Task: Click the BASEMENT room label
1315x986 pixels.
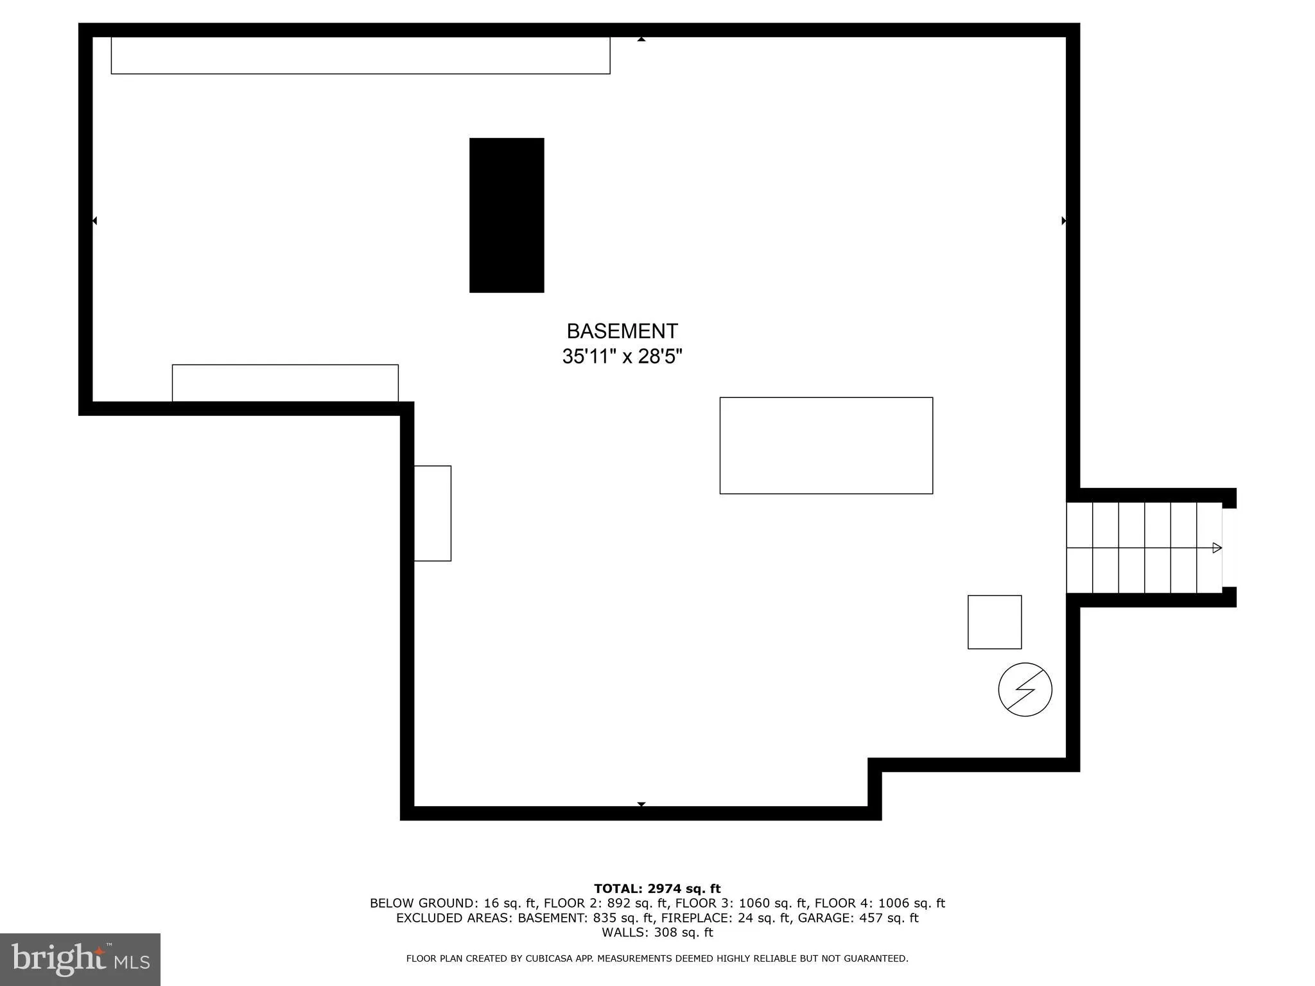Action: [622, 331]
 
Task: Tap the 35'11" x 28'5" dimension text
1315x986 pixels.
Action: [622, 356]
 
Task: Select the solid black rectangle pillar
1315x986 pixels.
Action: [507, 215]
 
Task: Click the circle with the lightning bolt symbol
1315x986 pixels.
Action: [1025, 689]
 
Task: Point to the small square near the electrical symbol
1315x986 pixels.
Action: [994, 622]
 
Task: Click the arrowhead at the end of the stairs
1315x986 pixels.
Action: [1216, 548]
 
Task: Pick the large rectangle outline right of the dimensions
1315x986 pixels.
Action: [826, 445]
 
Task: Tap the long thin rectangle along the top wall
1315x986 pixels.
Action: [360, 55]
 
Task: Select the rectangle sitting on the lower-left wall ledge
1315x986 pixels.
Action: [285, 383]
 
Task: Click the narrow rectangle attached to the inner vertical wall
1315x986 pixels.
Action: [432, 514]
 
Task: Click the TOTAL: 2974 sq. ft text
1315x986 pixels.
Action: [657, 888]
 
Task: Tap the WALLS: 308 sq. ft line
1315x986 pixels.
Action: [657, 933]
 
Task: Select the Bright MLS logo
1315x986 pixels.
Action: [80, 959]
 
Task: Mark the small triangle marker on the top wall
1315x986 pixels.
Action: [641, 40]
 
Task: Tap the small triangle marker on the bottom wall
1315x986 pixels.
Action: [641, 804]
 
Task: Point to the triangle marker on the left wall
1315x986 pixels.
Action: [94, 221]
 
